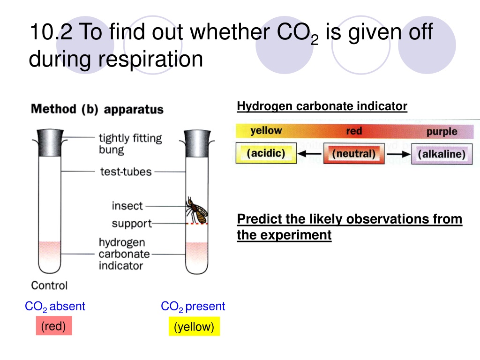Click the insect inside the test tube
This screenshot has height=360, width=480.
[197, 210]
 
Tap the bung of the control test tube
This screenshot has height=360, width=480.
[50, 142]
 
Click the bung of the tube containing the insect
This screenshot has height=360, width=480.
[197, 143]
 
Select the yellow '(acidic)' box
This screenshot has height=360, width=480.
[266, 153]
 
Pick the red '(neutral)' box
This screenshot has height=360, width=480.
[354, 153]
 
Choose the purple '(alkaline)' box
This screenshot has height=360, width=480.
[442, 154]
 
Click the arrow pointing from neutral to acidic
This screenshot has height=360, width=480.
[310, 153]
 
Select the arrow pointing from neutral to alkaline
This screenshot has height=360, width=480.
[398, 154]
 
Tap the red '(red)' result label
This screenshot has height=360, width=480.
[54, 326]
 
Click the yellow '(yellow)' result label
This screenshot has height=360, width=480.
[194, 326]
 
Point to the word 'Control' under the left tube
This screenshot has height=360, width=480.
[49, 285]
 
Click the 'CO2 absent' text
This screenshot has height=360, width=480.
[55, 307]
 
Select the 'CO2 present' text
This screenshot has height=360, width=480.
[193, 307]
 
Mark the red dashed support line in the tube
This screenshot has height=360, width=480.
[197, 224]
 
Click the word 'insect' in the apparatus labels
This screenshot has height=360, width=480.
[127, 206]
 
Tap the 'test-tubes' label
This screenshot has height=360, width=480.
[126, 172]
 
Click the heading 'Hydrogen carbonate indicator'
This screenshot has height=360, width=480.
[322, 106]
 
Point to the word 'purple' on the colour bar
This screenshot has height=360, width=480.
[442, 132]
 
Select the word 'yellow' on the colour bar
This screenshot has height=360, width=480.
[266, 131]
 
